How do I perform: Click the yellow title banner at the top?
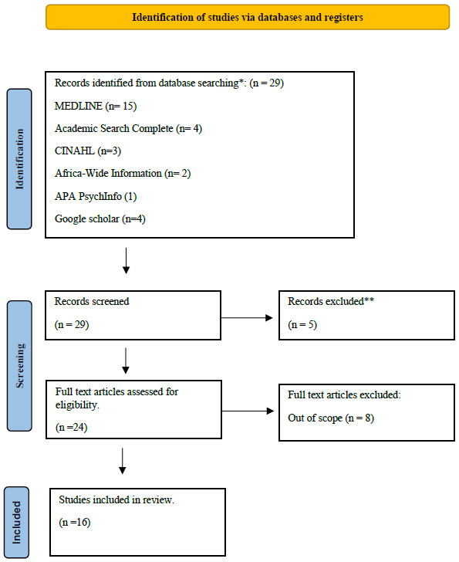[x=248, y=17]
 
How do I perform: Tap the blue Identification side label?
[x=19, y=159]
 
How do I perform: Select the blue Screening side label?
[x=19, y=366]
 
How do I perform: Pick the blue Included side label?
[x=16, y=522]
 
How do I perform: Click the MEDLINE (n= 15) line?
[x=96, y=106]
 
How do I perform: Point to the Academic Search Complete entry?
[x=128, y=129]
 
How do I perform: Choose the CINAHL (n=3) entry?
[x=88, y=151]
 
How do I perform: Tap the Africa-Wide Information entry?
[x=123, y=174]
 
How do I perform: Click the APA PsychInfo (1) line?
[x=96, y=196]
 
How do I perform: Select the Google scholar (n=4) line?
[x=100, y=218]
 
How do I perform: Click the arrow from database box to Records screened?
[x=126, y=261]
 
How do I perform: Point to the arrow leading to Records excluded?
[x=247, y=317]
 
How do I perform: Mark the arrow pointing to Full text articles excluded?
[x=248, y=411]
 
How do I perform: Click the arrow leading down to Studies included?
[x=123, y=461]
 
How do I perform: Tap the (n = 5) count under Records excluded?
[x=302, y=325]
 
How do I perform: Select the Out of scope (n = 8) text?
[x=331, y=418]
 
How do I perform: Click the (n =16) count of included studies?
[x=75, y=522]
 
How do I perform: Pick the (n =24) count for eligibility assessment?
[x=71, y=427]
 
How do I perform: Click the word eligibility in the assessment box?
[x=77, y=405]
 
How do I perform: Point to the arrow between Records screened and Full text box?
[x=126, y=361]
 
